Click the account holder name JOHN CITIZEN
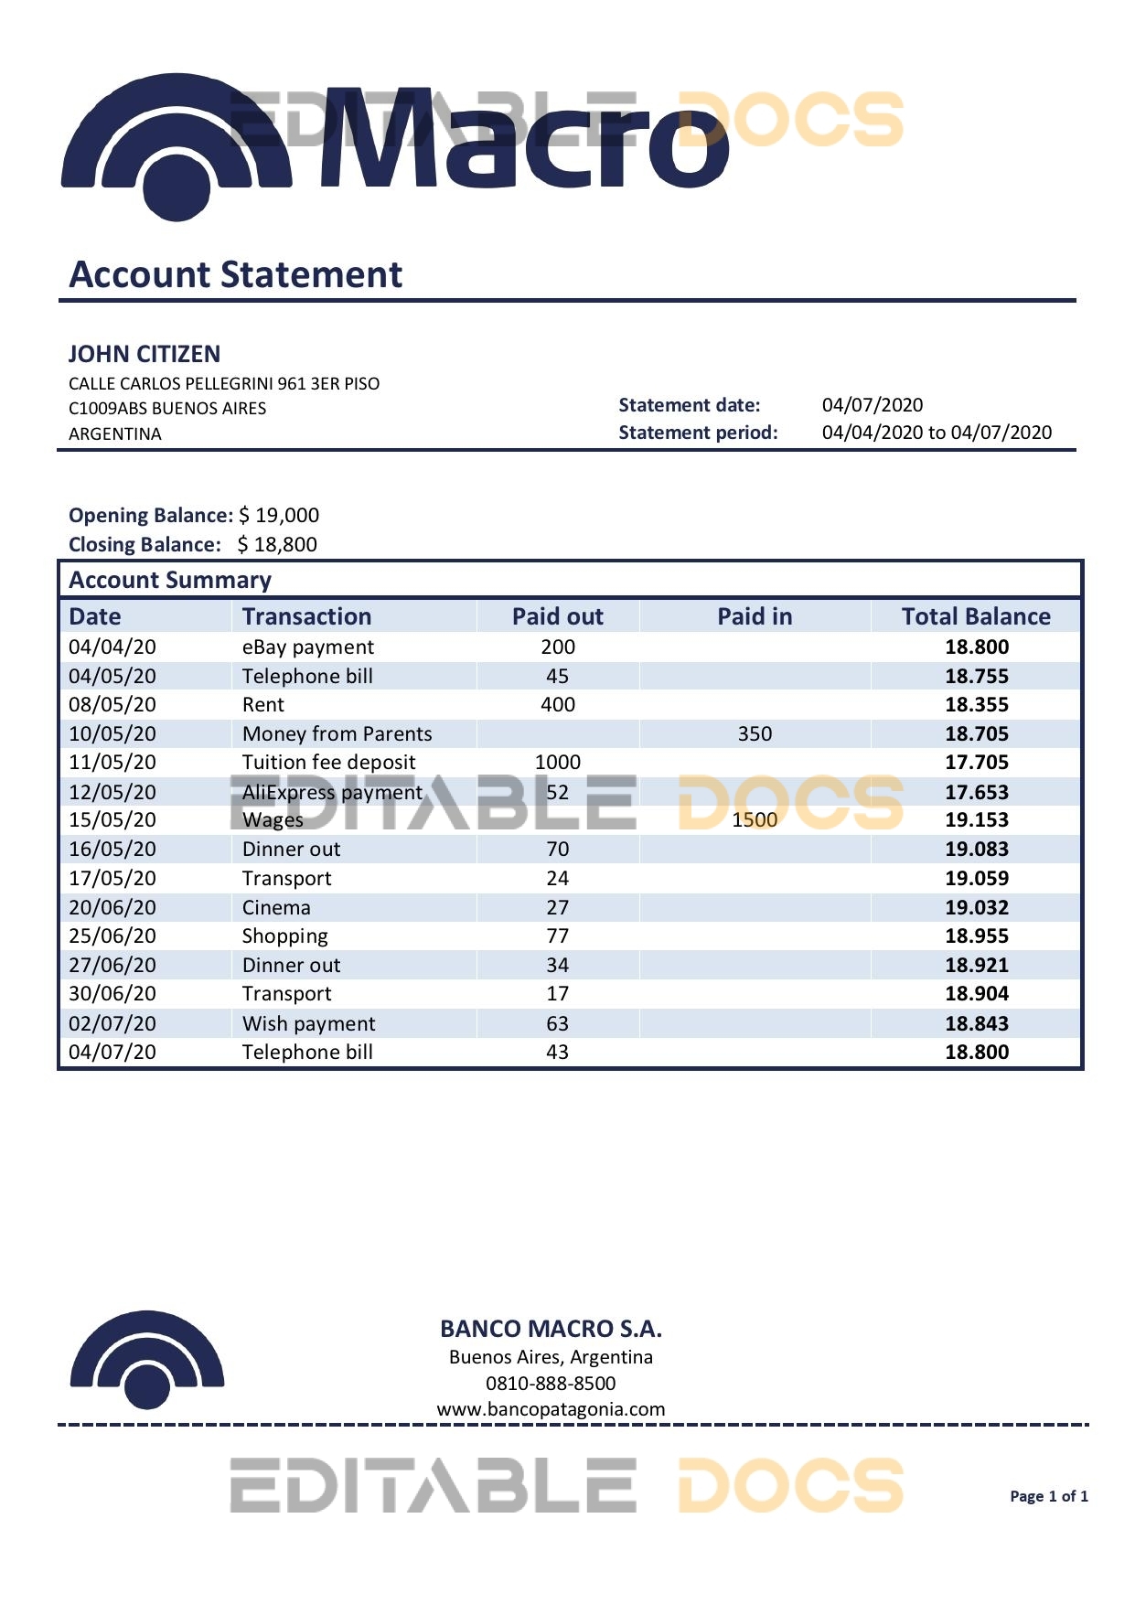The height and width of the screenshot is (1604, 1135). [145, 354]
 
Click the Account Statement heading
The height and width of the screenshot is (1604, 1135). [236, 274]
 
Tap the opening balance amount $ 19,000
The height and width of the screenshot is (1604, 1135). [279, 515]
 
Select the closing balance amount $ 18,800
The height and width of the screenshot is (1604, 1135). [277, 544]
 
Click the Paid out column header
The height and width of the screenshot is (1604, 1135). [557, 616]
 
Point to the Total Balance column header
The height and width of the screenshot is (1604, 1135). [976, 616]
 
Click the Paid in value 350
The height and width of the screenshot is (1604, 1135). [755, 733]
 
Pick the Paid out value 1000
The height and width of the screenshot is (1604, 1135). [557, 762]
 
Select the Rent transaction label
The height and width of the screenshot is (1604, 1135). [263, 704]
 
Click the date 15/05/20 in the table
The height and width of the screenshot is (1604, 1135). [112, 819]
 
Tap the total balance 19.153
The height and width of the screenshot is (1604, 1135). [977, 819]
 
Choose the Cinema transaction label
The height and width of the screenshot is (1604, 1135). [276, 907]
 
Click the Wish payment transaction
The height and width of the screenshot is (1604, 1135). [308, 1023]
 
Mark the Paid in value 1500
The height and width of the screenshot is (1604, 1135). [755, 819]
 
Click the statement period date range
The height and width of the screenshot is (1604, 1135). [937, 433]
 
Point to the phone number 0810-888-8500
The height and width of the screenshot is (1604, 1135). [551, 1383]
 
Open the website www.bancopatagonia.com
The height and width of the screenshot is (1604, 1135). [551, 1409]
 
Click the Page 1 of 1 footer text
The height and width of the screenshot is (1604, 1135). [1048, 1496]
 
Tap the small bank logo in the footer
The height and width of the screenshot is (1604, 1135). [147, 1360]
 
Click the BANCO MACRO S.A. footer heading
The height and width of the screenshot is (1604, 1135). [551, 1329]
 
